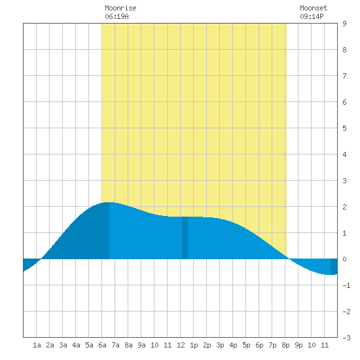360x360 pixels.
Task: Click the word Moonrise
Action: (x=120, y=9)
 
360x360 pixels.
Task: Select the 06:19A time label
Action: (x=117, y=16)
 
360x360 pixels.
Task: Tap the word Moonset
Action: (x=314, y=9)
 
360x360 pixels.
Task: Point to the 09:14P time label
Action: (x=312, y=16)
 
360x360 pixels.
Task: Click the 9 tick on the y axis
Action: (x=344, y=24)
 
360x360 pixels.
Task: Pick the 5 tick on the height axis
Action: (x=344, y=128)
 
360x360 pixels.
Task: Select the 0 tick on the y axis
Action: (x=344, y=259)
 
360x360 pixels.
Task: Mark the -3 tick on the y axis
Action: (x=346, y=338)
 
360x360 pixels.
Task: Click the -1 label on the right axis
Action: (x=346, y=285)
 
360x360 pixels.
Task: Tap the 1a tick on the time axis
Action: (x=37, y=345)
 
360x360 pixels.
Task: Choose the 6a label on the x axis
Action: (x=102, y=345)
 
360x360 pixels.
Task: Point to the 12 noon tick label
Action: (x=181, y=345)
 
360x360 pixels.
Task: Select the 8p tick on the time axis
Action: (x=285, y=345)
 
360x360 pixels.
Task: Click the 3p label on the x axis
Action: (x=220, y=345)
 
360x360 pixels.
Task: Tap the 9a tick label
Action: (x=141, y=345)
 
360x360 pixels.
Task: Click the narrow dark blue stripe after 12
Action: (x=185, y=238)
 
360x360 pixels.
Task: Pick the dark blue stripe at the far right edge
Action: (x=334, y=266)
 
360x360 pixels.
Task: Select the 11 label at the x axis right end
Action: (x=325, y=345)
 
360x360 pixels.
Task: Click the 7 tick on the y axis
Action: (x=344, y=76)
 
